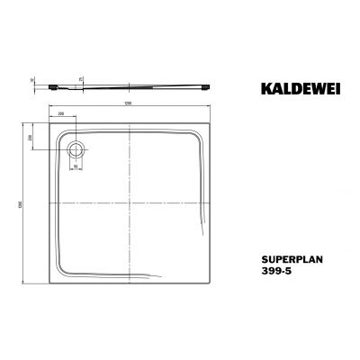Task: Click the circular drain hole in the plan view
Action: [x=75, y=148]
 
